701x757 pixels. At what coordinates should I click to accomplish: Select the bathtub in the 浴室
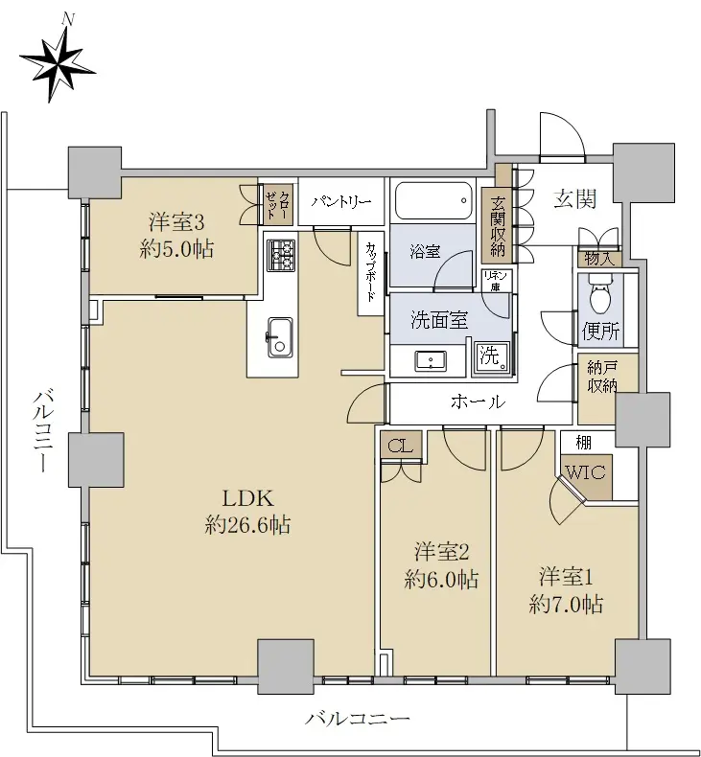coord(433,201)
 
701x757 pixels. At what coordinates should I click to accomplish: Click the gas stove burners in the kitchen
coord(281,256)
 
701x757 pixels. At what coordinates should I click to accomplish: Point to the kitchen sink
coord(280,338)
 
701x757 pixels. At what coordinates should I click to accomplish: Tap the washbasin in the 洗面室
coord(430,360)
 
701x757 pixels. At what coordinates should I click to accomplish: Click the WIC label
coord(585,471)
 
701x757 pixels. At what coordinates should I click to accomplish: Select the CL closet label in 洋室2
coord(401,447)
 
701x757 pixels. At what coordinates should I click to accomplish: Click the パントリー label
coord(341,201)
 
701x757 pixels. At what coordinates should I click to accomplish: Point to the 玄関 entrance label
coord(575,198)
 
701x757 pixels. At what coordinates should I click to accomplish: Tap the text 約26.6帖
coord(247,525)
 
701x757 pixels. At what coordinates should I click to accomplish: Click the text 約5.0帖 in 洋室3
coord(176,249)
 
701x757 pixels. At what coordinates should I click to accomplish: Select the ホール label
coord(479,401)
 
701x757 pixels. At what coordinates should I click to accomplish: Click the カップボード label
coord(371,271)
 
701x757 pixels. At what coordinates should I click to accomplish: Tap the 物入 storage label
coord(599,259)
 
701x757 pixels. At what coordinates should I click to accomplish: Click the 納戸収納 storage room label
coord(602,377)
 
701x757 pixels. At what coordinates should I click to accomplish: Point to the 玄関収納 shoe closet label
coord(497,226)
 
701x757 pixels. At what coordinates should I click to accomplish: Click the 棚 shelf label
coord(584,443)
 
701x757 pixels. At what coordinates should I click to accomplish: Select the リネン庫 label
coord(495,281)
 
